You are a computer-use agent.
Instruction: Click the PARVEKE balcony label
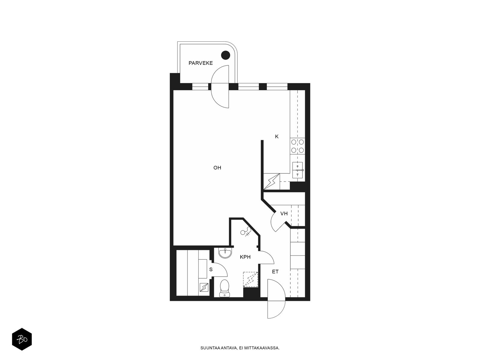pyautogui.click(x=200, y=63)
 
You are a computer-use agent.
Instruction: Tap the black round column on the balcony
pyautogui.click(x=226, y=55)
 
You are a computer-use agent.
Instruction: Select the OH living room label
pyautogui.click(x=217, y=168)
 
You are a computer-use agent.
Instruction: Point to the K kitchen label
pyautogui.click(x=277, y=136)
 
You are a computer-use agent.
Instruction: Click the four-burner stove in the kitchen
pyautogui.click(x=297, y=146)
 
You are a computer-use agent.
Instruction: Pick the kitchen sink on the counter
pyautogui.click(x=297, y=170)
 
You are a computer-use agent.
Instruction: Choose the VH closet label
pyautogui.click(x=284, y=214)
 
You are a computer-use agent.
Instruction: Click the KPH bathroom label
pyautogui.click(x=245, y=257)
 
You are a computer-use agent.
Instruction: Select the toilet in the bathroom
pyautogui.click(x=225, y=288)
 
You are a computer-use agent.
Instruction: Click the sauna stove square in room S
pyautogui.click(x=204, y=287)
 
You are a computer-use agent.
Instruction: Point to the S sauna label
pyautogui.click(x=211, y=269)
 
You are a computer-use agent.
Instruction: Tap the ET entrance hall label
pyautogui.click(x=275, y=272)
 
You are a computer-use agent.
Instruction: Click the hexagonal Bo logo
pyautogui.click(x=22, y=339)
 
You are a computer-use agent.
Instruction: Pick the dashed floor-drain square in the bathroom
pyautogui.click(x=250, y=279)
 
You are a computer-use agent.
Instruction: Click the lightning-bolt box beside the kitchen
pyautogui.click(x=271, y=181)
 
